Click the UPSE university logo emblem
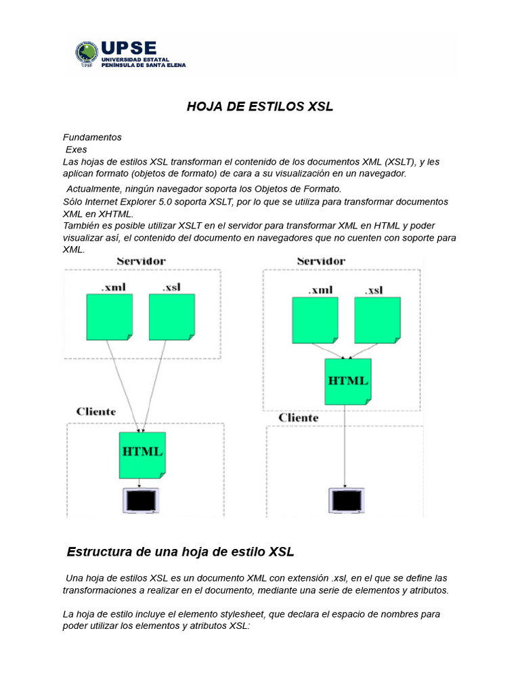[87, 54]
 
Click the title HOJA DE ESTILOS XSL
[260, 107]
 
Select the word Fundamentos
[92, 137]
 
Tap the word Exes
[76, 149]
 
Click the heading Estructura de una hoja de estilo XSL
[181, 552]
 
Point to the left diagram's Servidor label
[141, 261]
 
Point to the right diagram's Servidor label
[320, 261]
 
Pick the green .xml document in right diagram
[315, 321]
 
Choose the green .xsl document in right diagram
[377, 321]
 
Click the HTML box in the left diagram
[142, 455]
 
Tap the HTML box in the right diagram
[348, 382]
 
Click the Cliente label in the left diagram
[95, 411]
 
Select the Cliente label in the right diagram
[298, 417]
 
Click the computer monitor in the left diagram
[140, 502]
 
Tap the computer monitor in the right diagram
[345, 502]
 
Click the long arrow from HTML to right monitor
[345, 447]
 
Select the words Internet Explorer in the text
[117, 202]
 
